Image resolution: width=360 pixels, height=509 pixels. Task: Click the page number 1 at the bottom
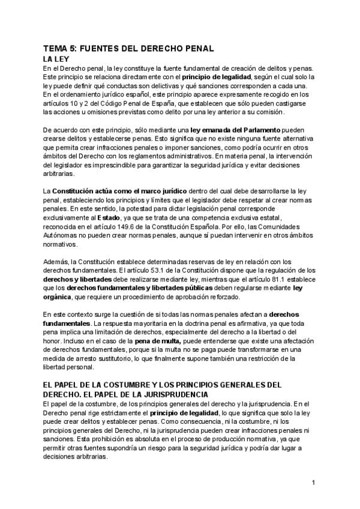coord(313,482)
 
